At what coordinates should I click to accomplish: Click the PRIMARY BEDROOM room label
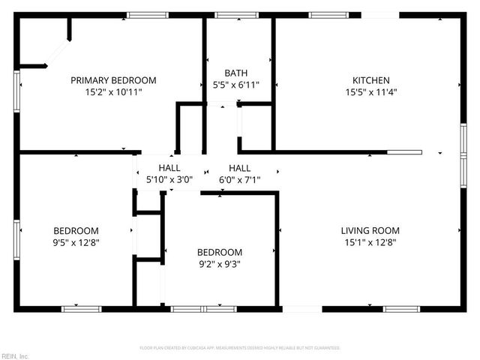point(113,80)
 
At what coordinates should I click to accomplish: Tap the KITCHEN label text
point(371,80)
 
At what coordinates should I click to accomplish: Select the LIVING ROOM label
point(370,230)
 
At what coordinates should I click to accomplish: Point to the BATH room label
point(236,73)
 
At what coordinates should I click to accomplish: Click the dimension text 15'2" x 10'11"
point(113,91)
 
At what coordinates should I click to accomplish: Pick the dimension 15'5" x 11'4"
point(371,91)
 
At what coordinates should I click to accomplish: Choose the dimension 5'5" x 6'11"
point(236,85)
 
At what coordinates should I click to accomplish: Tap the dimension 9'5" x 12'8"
point(76,241)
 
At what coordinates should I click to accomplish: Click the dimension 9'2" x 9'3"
point(220,263)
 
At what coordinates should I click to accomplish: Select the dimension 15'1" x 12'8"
point(370,241)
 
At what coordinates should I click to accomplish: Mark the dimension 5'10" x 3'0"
point(169,179)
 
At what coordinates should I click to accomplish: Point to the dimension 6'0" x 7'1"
point(239,179)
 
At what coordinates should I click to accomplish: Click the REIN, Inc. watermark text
point(15,355)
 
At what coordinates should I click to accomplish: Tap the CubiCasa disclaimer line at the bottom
point(240,348)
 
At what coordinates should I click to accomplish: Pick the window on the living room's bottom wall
point(401,308)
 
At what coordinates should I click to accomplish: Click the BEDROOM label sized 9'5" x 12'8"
point(76,230)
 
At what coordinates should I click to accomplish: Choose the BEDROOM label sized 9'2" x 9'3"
point(220,252)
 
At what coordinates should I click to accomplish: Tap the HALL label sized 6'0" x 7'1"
point(239,168)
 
